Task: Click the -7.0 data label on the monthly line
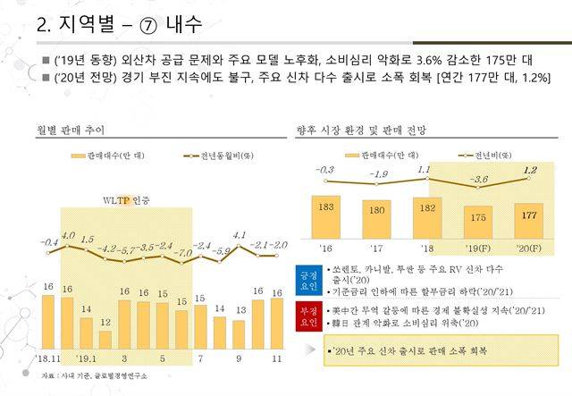click(185, 253)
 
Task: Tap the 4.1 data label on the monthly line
click(239, 235)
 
